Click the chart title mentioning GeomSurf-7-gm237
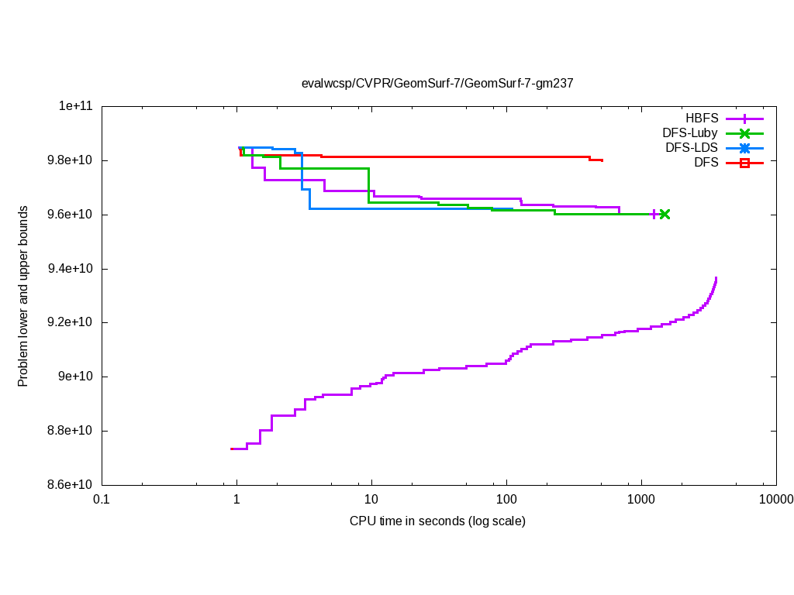(x=437, y=83)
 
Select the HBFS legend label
(x=702, y=119)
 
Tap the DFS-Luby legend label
(x=690, y=133)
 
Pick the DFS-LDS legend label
(x=692, y=148)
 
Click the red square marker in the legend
(x=744, y=163)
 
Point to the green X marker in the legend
(x=744, y=133)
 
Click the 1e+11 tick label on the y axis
(x=76, y=106)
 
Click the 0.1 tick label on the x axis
(x=101, y=500)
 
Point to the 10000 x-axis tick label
(x=775, y=500)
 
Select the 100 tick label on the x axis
(x=506, y=500)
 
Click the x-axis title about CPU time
(x=437, y=521)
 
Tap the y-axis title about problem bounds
(x=23, y=296)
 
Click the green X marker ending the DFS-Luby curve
(x=665, y=214)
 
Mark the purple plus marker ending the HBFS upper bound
(x=654, y=214)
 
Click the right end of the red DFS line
(x=602, y=161)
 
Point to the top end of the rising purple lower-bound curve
(x=716, y=278)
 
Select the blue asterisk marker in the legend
(x=744, y=148)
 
